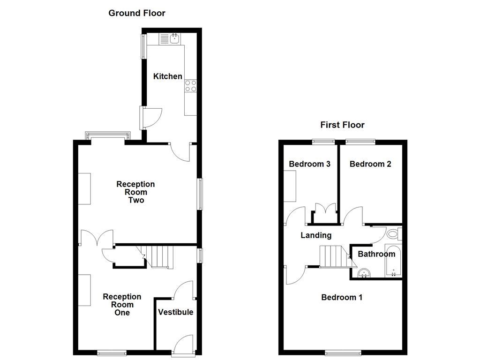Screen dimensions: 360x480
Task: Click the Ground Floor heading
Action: [x=137, y=13]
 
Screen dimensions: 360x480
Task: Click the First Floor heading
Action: [x=342, y=125]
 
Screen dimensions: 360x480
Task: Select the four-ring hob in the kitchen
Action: [x=191, y=85]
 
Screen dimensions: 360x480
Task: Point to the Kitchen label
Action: [x=168, y=76]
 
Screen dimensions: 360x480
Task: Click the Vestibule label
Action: [x=175, y=312]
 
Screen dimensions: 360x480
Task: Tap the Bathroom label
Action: [x=376, y=254]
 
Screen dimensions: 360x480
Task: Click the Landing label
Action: [x=316, y=235]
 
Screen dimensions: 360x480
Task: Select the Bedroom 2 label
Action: [x=370, y=164]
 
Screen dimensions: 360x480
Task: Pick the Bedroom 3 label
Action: [x=310, y=164]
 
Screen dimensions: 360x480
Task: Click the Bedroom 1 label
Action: [x=342, y=297]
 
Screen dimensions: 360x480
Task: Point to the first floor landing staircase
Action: [x=333, y=256]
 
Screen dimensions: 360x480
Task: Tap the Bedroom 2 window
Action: [x=360, y=140]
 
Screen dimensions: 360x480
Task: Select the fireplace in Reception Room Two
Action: [x=84, y=188]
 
